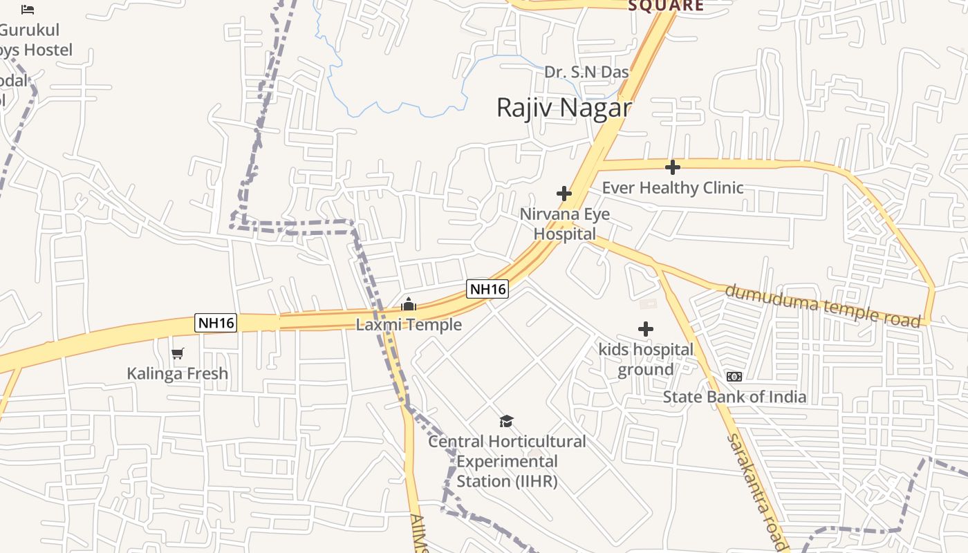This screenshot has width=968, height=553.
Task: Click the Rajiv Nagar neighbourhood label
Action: pyautogui.click(x=564, y=108)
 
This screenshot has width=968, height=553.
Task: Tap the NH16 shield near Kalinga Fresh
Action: pyautogui.click(x=216, y=323)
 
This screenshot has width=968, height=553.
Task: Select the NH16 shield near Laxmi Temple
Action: pyautogui.click(x=487, y=289)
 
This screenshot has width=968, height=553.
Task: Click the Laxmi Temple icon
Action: pyautogui.click(x=409, y=304)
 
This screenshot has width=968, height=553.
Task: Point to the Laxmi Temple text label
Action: pyautogui.click(x=409, y=324)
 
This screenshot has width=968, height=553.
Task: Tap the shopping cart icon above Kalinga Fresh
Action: pyautogui.click(x=178, y=353)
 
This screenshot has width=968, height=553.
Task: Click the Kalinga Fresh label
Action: pyautogui.click(x=177, y=373)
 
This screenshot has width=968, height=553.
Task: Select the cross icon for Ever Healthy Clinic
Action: pyautogui.click(x=672, y=167)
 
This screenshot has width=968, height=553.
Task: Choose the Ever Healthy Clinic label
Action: pyautogui.click(x=673, y=187)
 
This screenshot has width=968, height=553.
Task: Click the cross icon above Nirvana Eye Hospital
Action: pyautogui.click(x=564, y=194)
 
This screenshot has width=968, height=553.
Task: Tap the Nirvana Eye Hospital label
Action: pyautogui.click(x=565, y=224)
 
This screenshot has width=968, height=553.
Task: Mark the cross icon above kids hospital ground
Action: pyautogui.click(x=645, y=329)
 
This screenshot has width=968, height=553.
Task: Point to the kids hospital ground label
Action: pyautogui.click(x=646, y=359)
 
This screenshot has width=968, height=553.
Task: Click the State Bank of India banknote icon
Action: pyautogui.click(x=734, y=377)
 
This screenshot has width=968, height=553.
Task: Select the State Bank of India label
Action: pyautogui.click(x=734, y=397)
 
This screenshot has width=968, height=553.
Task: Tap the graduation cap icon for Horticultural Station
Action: pyautogui.click(x=507, y=421)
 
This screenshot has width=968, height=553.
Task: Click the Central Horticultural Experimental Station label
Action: pyautogui.click(x=507, y=461)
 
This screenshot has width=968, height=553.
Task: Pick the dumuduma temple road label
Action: pyautogui.click(x=823, y=305)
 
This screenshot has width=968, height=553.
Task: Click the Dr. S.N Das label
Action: pyautogui.click(x=586, y=72)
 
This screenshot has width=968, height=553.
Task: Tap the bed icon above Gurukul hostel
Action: pyautogui.click(x=28, y=10)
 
